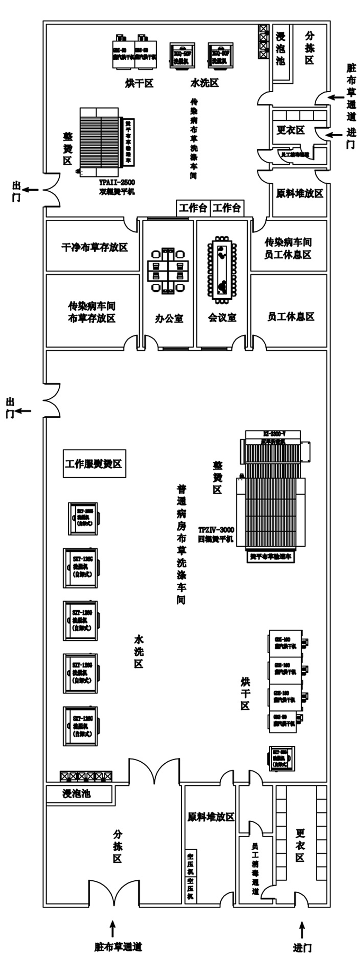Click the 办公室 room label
[x=169, y=318]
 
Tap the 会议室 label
[x=222, y=318]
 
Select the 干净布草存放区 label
[x=94, y=247]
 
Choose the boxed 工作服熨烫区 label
[x=94, y=464]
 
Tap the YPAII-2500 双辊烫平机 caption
[x=116, y=187]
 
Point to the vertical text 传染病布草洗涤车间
[x=194, y=137]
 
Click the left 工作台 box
[x=193, y=208]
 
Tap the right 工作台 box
[x=227, y=208]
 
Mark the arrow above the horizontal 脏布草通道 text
[x=112, y=925]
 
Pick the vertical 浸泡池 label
[x=281, y=49]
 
